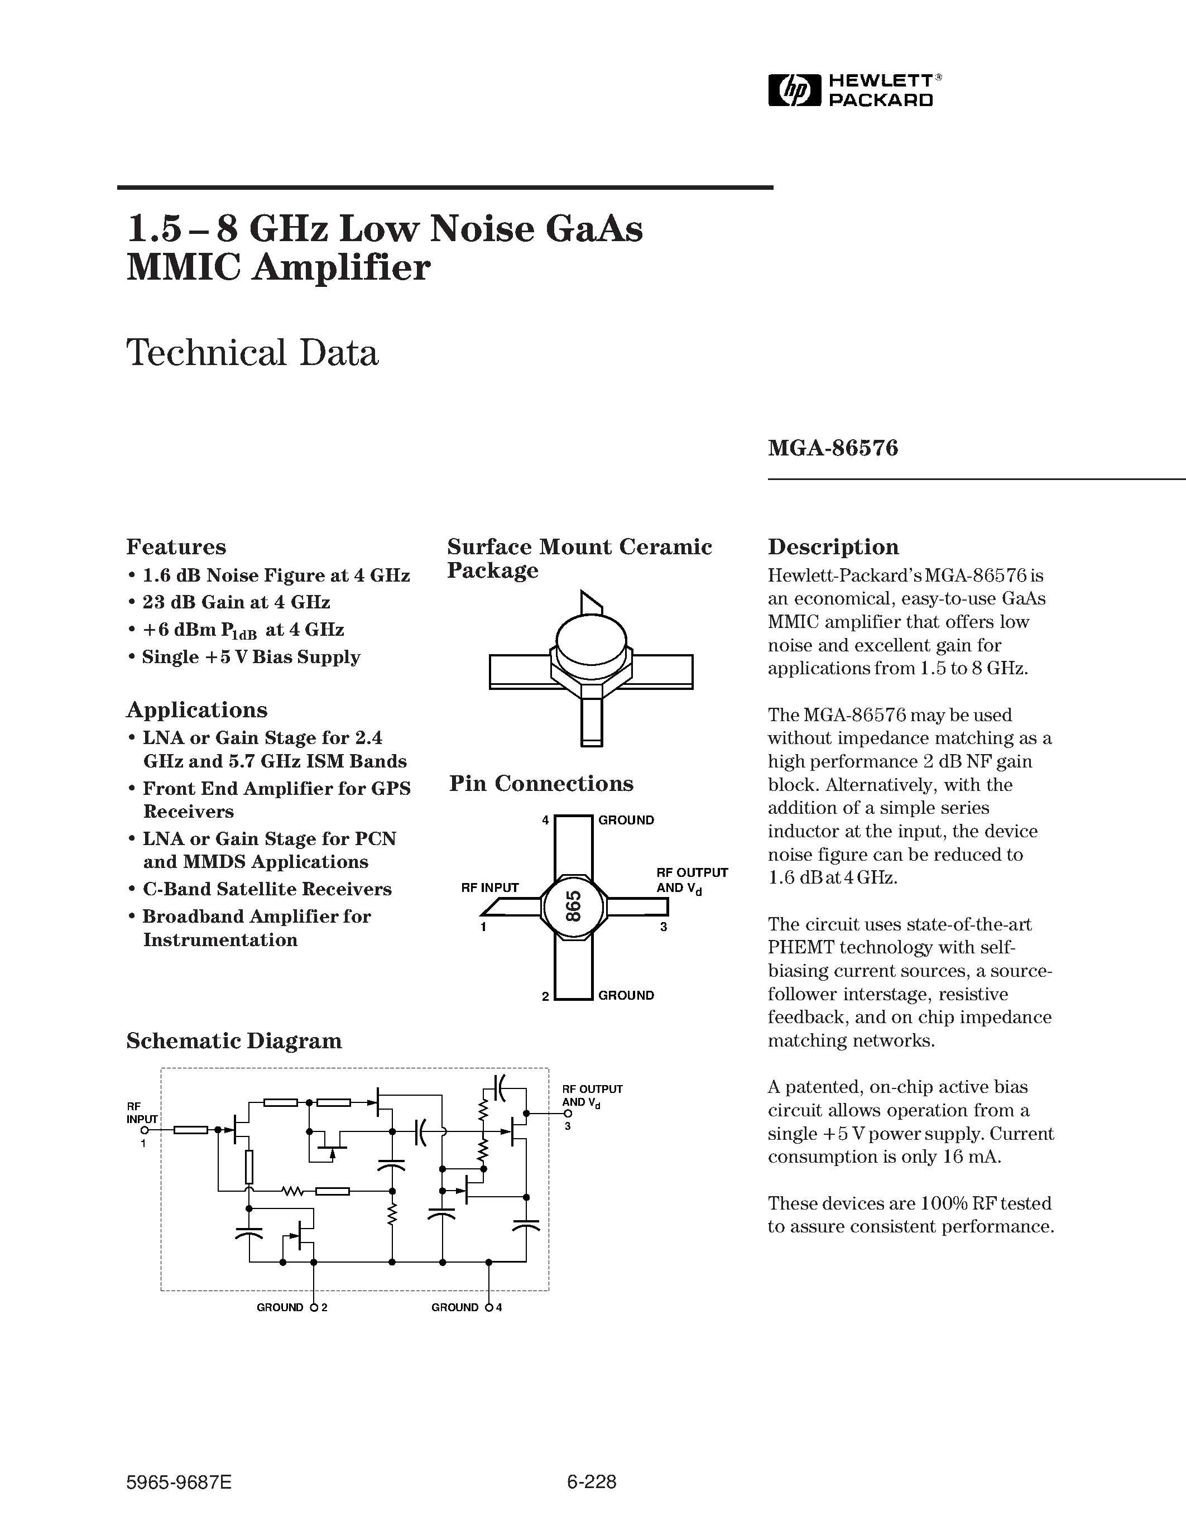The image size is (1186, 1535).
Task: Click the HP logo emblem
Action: (794, 90)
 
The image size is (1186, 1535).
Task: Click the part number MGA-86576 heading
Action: (833, 448)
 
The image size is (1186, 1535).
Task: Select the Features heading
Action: (176, 547)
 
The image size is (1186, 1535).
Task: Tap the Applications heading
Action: (196, 710)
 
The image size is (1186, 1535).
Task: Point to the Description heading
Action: (833, 547)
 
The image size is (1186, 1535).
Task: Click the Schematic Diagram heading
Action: (234, 1041)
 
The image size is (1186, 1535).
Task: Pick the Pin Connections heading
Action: (541, 784)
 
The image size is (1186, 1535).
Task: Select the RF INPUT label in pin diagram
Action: (489, 888)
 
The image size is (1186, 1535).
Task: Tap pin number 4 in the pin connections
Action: (545, 820)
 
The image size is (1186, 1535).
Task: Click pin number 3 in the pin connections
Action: (663, 927)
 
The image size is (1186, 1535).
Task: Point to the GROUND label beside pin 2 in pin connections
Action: (626, 995)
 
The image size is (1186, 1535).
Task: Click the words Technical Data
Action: (252, 353)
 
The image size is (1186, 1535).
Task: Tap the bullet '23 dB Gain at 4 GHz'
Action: (236, 602)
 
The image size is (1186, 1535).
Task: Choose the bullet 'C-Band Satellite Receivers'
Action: (267, 889)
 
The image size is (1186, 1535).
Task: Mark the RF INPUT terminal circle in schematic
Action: (144, 1130)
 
